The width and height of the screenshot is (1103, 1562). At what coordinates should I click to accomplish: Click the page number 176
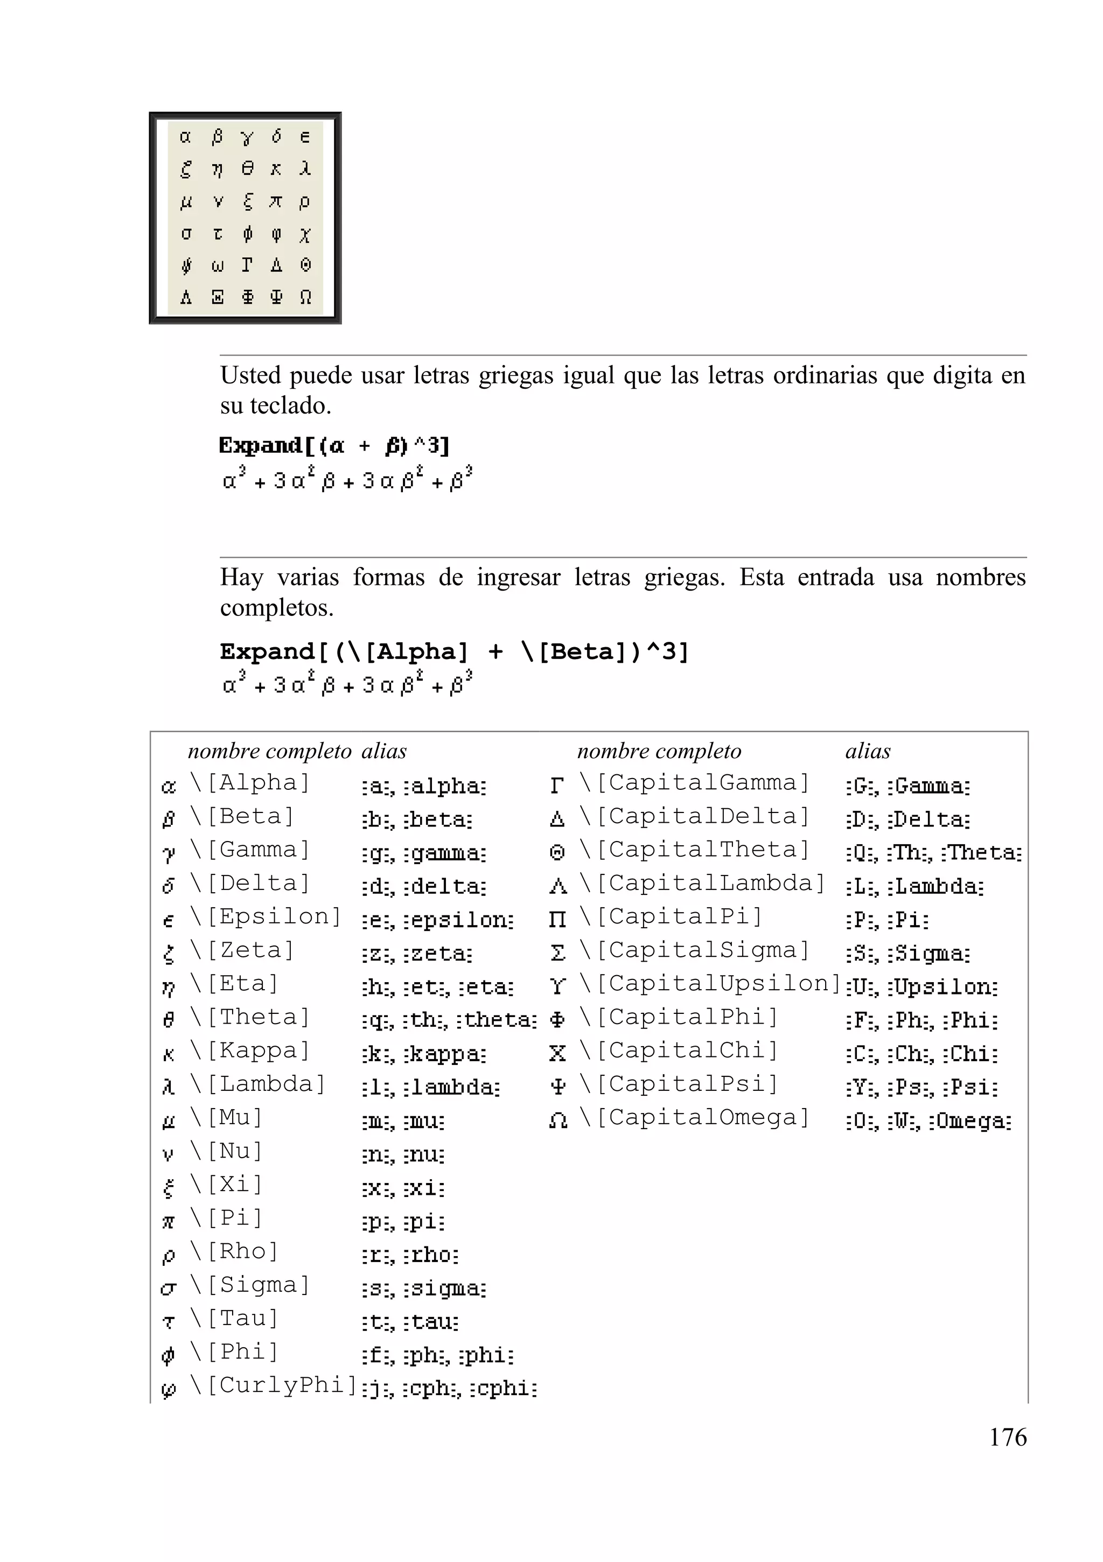coord(1007,1437)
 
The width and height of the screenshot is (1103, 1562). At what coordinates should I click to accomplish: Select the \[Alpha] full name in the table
coord(250,783)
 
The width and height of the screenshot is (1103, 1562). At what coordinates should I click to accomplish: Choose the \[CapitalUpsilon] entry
coord(710,984)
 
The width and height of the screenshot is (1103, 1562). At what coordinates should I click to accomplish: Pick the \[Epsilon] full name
coord(266,916)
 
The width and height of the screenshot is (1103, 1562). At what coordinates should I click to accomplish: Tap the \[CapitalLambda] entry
coord(702,883)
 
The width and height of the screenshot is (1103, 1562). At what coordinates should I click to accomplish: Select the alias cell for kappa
coord(424,1054)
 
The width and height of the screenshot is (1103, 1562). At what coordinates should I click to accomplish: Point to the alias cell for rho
coord(410,1255)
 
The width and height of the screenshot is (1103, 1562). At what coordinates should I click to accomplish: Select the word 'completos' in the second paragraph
coord(276,607)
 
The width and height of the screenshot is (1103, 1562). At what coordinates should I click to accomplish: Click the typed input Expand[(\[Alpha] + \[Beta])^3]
coord(455,652)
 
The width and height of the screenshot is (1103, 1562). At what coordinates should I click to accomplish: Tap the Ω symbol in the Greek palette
coord(305,297)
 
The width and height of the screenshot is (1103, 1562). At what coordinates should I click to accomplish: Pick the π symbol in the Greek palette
coord(276,201)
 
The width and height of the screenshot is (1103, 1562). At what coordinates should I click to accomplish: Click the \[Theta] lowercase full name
coord(250,1017)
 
